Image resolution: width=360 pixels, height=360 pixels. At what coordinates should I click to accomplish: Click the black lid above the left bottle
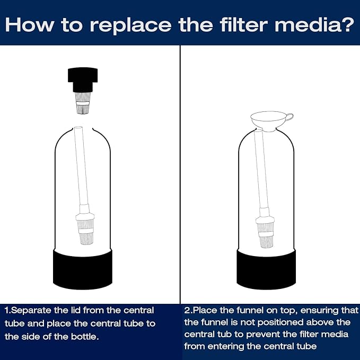click(x=83, y=80)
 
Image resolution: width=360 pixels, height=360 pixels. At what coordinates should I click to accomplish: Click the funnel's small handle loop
click(x=289, y=117)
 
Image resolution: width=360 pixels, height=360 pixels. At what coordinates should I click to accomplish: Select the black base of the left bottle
click(x=83, y=269)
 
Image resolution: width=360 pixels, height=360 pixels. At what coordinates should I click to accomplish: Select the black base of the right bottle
click(x=266, y=269)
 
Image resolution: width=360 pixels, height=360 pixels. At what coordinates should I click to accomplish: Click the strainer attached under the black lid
click(x=83, y=103)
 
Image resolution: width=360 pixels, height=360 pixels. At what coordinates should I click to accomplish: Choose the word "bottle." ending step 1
click(x=85, y=337)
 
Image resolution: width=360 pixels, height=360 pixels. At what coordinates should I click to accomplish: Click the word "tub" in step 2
click(x=216, y=334)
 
